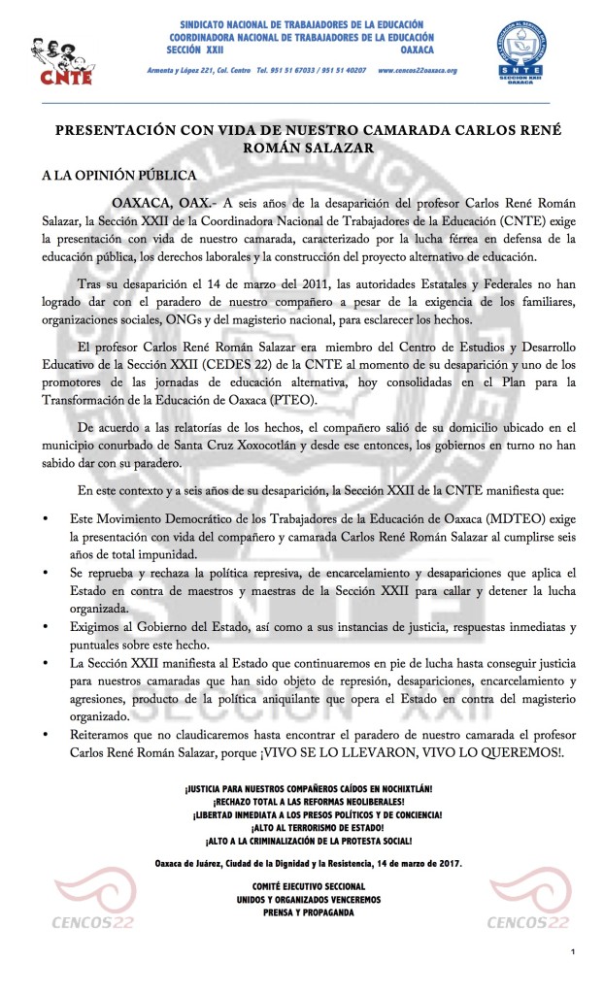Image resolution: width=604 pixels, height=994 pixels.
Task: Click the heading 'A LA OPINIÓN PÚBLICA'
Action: pyautogui.click(x=118, y=176)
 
